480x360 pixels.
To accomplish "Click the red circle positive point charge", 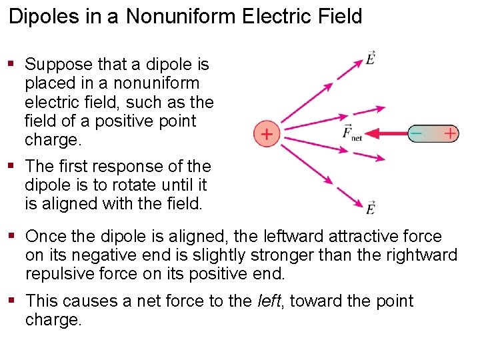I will point(266,134).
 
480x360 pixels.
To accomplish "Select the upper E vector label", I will point(371,58).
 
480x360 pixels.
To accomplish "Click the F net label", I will point(351,133).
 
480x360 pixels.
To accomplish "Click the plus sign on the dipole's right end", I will point(451,134).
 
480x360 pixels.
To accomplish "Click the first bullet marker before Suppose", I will point(11,64).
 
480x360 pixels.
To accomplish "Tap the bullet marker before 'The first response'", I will point(11,166).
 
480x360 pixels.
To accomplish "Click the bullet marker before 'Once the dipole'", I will point(11,236).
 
